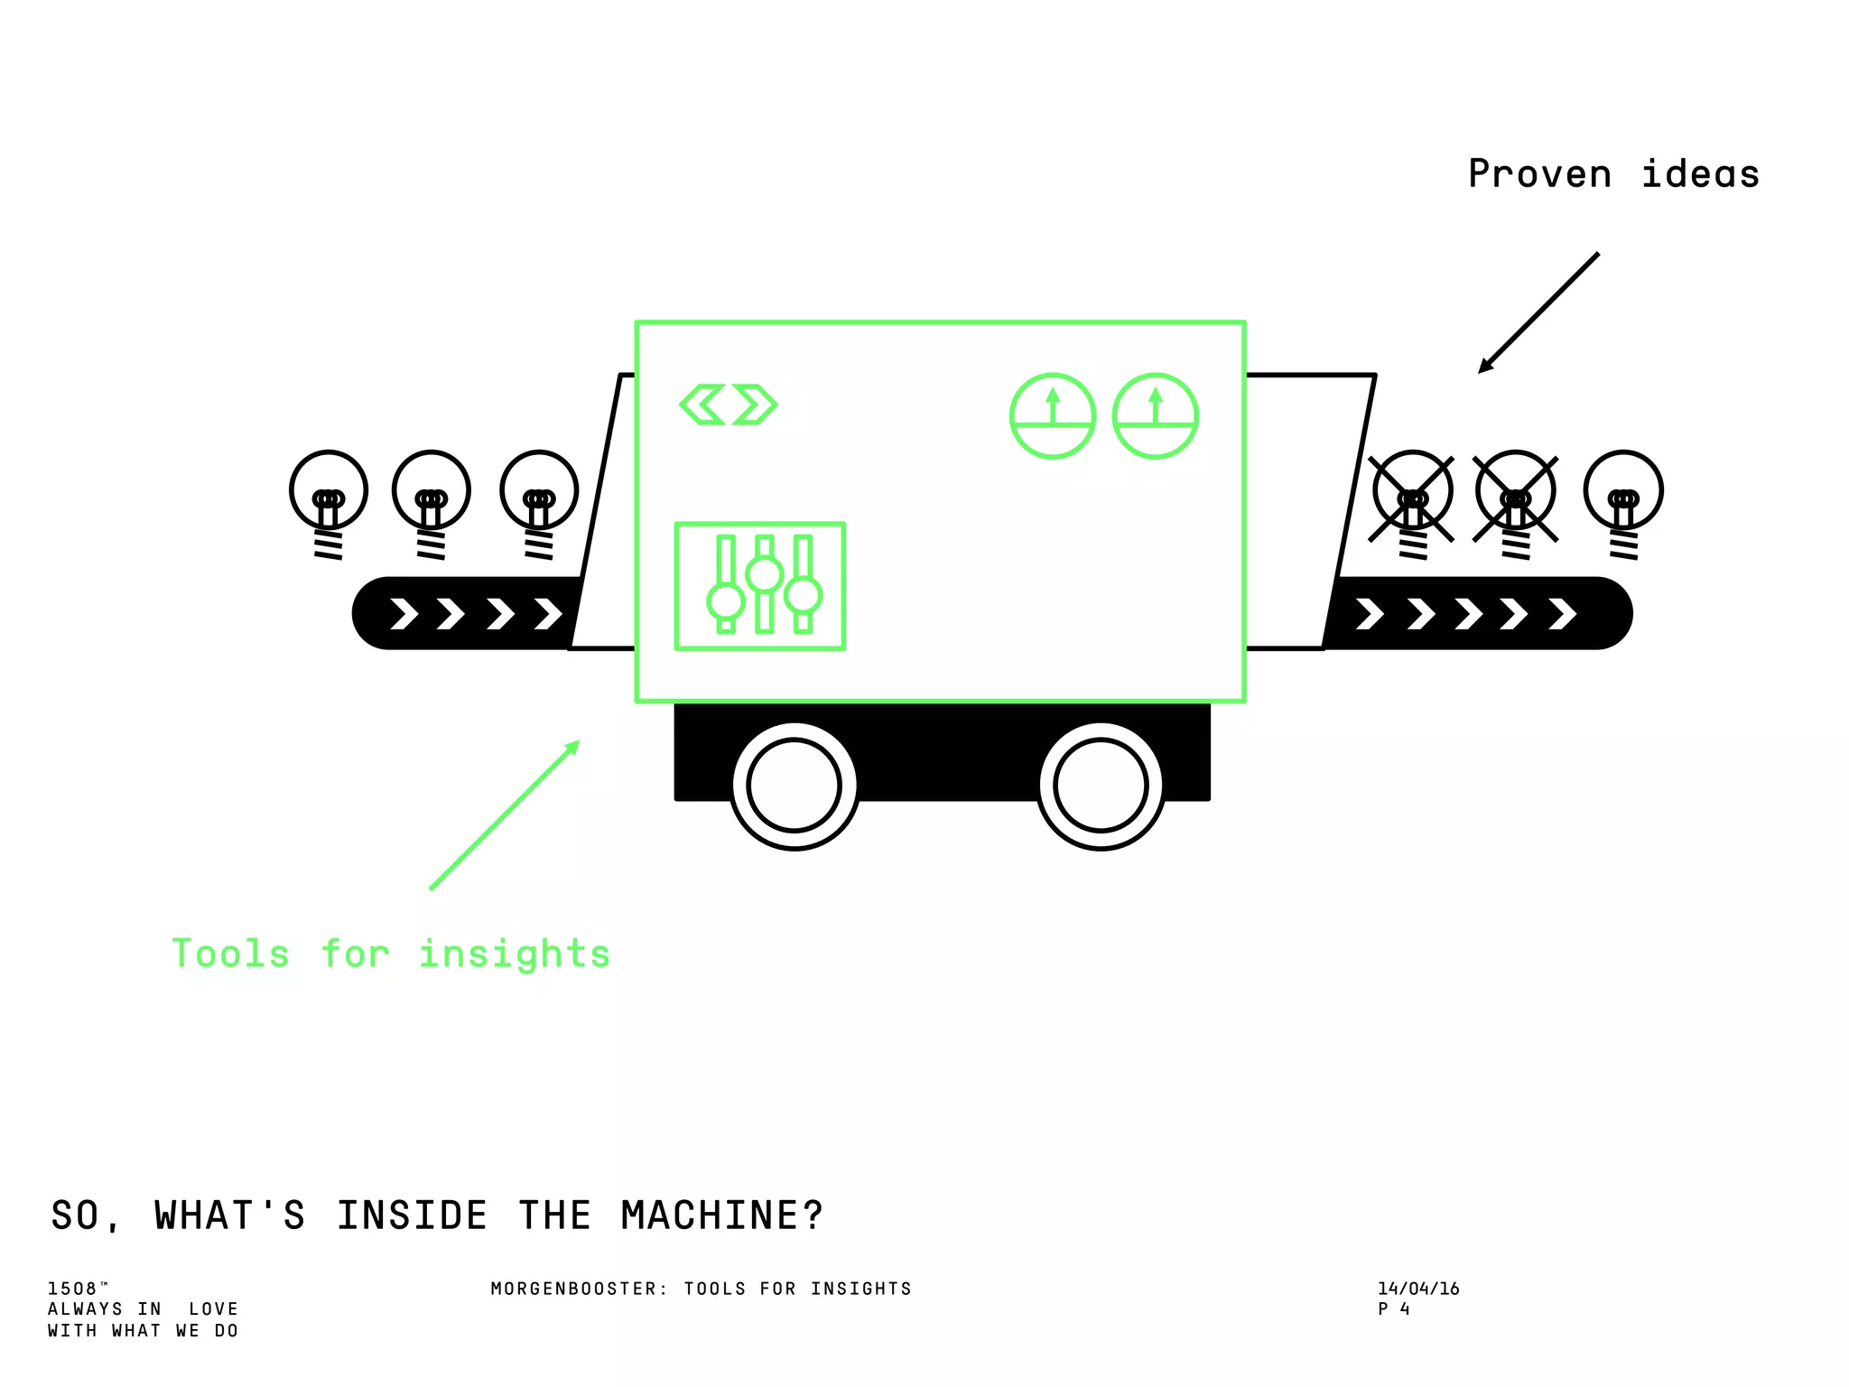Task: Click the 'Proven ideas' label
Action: point(1613,174)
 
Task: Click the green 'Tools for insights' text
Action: point(391,954)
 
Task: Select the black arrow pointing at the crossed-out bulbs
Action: point(1538,312)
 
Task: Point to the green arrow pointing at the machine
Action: point(504,815)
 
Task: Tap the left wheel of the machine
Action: point(794,786)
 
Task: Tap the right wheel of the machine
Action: point(1101,786)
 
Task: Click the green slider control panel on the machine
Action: point(760,586)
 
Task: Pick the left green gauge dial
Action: point(1052,416)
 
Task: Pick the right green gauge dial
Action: point(1155,416)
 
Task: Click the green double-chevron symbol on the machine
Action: point(728,405)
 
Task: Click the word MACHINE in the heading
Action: point(721,1215)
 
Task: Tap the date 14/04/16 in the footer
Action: point(1418,1289)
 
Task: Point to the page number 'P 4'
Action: point(1393,1309)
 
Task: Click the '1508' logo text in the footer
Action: point(72,1289)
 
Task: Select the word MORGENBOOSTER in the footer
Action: point(573,1289)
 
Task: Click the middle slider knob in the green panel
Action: point(765,574)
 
